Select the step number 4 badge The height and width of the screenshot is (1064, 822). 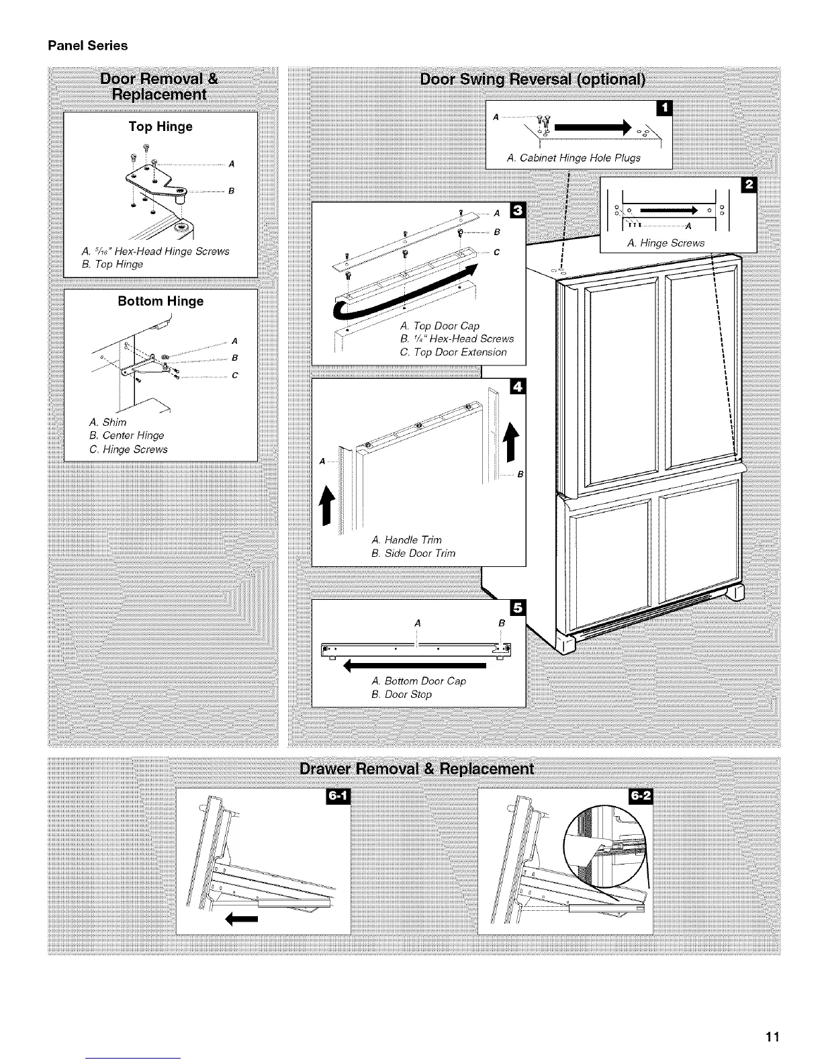coord(518,386)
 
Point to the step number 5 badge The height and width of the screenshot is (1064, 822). coord(518,607)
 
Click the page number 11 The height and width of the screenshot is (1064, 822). coord(772,1037)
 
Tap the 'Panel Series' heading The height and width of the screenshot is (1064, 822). coord(87,46)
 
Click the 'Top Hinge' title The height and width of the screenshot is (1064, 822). coord(161,126)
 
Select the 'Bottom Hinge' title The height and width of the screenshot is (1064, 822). coord(161,301)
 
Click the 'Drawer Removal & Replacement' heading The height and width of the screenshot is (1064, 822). coord(416,768)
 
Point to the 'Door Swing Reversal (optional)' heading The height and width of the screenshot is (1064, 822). coord(533,80)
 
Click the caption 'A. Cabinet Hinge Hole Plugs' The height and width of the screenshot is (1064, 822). coord(574,158)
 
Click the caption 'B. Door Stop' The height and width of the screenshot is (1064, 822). coord(401,695)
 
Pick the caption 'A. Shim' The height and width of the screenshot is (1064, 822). coord(107,422)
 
